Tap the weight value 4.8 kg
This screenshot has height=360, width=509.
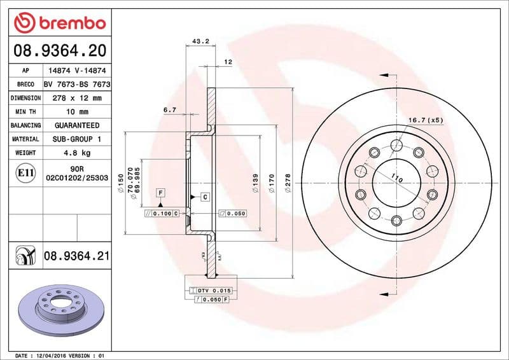(x=76, y=153)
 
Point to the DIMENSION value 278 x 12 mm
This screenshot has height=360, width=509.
(x=76, y=98)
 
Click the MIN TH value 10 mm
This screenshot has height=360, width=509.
(x=76, y=112)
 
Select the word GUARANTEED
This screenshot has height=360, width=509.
(x=76, y=125)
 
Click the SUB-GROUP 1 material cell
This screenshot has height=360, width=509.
(x=76, y=139)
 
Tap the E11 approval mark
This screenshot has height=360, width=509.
(x=26, y=172)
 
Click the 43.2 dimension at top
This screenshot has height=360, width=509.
(x=200, y=41)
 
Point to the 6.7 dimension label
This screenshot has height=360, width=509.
(x=169, y=110)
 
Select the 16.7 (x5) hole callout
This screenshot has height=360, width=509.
(x=424, y=120)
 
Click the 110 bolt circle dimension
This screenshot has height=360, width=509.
(x=397, y=180)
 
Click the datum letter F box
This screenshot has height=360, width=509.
(x=161, y=192)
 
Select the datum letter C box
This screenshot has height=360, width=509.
(x=206, y=197)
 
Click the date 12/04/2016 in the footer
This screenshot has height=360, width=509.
(x=53, y=355)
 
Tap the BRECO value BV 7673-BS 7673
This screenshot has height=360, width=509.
(x=76, y=84)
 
